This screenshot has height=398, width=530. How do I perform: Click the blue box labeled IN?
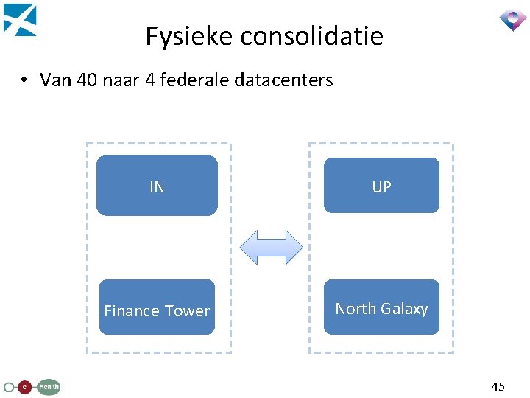(157, 185)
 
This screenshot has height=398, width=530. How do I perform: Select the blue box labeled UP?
(381, 185)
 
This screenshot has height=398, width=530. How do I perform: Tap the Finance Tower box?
(157, 307)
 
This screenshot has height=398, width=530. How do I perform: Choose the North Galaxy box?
(381, 307)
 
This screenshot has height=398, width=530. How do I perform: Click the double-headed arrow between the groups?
(272, 247)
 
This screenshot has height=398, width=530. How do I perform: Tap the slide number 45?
(498, 386)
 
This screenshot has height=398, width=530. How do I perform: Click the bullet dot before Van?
(24, 80)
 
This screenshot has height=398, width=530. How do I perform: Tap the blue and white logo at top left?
(20, 20)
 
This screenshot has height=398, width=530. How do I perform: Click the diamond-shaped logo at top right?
(512, 19)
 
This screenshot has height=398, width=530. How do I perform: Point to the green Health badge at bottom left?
(49, 386)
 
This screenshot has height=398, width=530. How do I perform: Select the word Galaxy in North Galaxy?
(404, 309)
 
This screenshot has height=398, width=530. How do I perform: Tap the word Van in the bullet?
(54, 80)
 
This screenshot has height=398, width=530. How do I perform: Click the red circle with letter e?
(25, 386)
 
